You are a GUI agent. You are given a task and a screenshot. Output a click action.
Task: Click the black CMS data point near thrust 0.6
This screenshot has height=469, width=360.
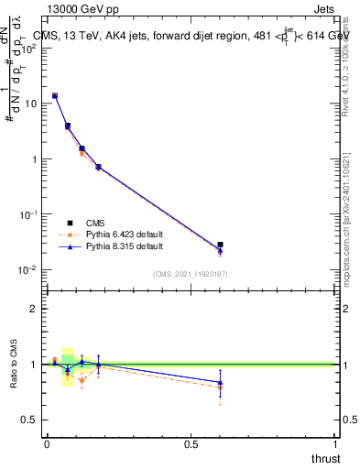[x=220, y=245]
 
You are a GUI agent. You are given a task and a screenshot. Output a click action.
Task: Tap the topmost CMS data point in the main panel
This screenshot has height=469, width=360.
[x=55, y=95]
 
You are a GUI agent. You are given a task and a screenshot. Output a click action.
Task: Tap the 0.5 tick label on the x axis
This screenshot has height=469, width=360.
[x=191, y=444]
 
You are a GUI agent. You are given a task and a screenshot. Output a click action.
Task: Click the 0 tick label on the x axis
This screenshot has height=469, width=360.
[x=47, y=444]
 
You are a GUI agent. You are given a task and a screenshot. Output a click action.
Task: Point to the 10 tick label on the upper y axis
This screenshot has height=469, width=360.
[x=30, y=104]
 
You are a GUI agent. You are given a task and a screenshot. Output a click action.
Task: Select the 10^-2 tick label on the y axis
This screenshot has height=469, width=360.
[x=28, y=269]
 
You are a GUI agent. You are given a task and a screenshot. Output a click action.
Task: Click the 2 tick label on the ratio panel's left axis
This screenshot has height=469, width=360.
[x=35, y=309]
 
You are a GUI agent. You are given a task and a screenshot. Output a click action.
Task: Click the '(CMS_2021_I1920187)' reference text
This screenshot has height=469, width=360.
[x=191, y=273]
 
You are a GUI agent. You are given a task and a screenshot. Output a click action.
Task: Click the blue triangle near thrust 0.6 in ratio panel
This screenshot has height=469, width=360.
[x=220, y=382]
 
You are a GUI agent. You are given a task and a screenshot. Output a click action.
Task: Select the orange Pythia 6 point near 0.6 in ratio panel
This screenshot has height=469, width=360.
[x=220, y=387]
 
